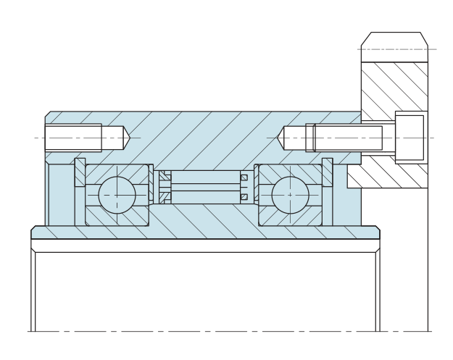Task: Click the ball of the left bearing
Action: coord(117,195)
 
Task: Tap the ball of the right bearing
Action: coord(290,195)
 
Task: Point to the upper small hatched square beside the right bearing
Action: coord(244,178)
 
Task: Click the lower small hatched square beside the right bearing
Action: coord(244,196)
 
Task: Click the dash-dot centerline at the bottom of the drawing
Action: coord(217,332)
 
